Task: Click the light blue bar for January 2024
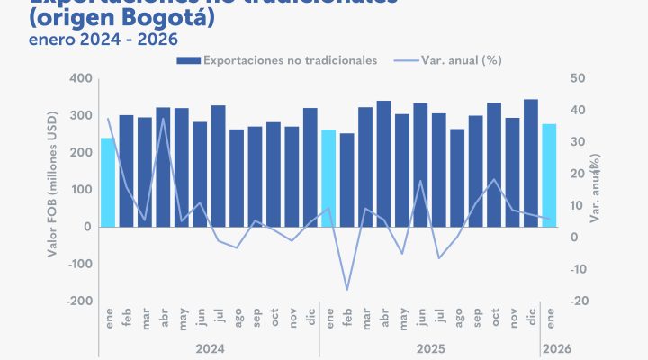[x=108, y=182]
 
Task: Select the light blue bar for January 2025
[x=328, y=178]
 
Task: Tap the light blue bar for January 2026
[x=550, y=175]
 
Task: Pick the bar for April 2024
[x=163, y=167]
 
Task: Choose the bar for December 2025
[x=531, y=163]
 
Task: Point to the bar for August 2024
[x=237, y=178]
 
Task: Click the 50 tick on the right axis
[x=578, y=79]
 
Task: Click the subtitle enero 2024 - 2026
[x=90, y=40]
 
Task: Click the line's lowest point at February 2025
[x=347, y=290]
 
